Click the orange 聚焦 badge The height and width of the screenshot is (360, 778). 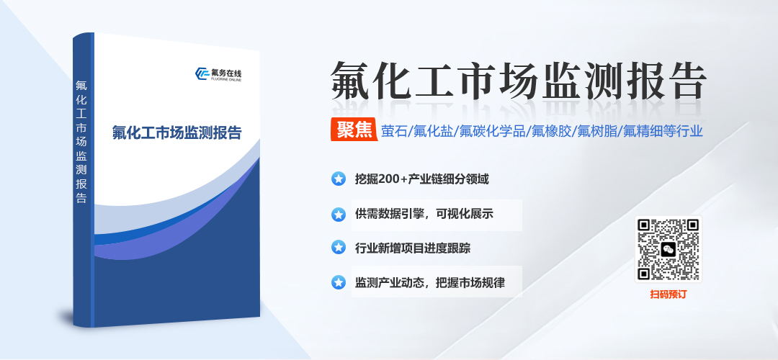354,130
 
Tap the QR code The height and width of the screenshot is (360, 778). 669,249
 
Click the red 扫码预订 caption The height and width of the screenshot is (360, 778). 669,294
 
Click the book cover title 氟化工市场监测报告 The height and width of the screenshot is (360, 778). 176,133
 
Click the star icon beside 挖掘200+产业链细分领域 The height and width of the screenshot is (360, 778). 338,179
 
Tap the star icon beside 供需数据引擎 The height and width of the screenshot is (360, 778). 338,215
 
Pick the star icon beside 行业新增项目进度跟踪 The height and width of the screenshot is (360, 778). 338,248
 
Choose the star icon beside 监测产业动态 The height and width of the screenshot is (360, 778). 338,283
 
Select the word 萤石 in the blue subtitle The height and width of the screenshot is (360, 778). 395,130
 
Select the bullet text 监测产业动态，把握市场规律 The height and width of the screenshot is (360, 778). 429,283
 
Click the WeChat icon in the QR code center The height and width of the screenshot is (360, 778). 669,249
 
